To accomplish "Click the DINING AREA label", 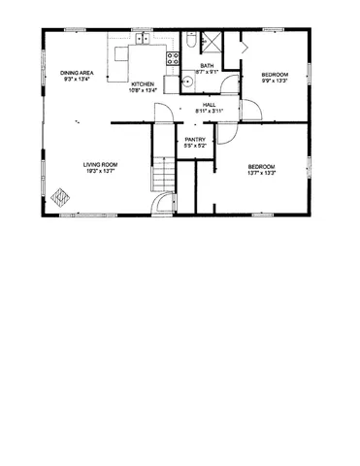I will click(77, 73).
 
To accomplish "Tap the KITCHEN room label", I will click(143, 85).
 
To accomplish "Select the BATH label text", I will click(207, 66).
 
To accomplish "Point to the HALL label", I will click(209, 104).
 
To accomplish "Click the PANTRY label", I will click(194, 139).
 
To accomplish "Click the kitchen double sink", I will click(142, 41).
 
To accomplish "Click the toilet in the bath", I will click(193, 41).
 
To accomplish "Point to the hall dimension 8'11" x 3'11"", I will click(209, 111).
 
